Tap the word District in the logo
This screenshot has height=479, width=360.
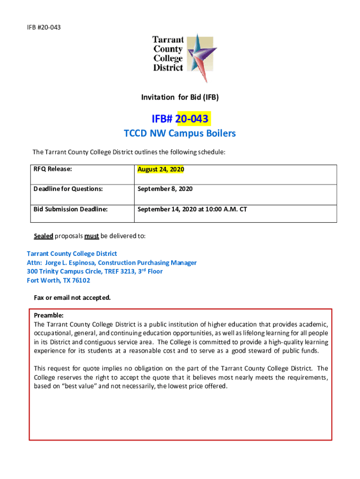(x=168, y=68)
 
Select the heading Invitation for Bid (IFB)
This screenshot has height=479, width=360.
(x=180, y=97)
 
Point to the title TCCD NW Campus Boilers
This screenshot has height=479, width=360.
(x=180, y=133)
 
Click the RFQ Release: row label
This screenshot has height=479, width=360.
(x=52, y=169)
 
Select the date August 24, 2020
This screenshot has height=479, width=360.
(x=160, y=169)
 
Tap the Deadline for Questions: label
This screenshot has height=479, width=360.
(x=68, y=189)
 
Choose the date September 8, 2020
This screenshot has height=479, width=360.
(x=165, y=189)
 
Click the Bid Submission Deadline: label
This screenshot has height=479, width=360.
(x=70, y=209)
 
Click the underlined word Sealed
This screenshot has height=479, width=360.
(x=43, y=236)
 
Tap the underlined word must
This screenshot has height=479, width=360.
(x=91, y=236)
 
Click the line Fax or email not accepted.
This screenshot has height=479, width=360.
(x=72, y=298)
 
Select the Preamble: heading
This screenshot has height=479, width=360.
(x=49, y=316)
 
